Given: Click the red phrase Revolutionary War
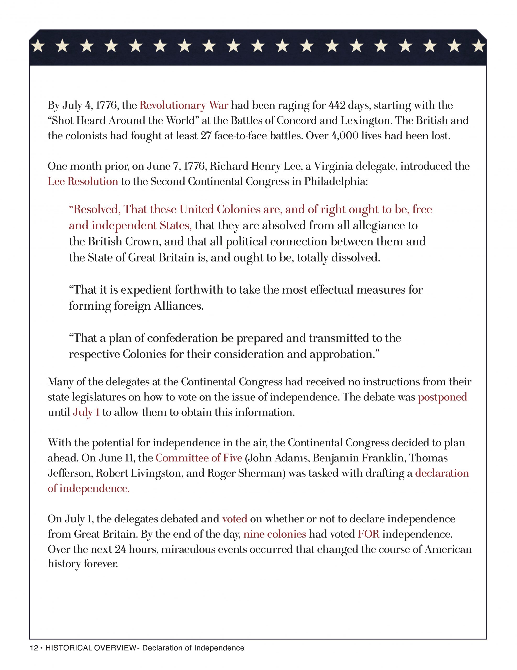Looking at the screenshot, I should [184, 105].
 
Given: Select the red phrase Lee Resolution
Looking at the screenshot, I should [83, 181].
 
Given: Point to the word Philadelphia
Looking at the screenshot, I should [335, 181].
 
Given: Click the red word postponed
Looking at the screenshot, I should [442, 397].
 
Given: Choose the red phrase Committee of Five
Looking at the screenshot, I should [199, 458].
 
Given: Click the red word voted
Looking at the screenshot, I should [235, 519].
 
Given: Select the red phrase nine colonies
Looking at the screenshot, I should [275, 534].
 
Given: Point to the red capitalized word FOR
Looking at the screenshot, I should [369, 534].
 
